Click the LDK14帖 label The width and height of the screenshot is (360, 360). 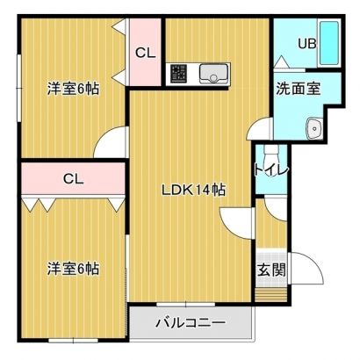point(194,191)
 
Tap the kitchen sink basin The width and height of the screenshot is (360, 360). point(213,73)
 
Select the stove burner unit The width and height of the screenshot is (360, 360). point(178,73)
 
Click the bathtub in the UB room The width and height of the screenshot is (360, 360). point(329,43)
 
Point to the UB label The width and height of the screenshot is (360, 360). point(307,44)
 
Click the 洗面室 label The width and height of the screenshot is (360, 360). point(299,89)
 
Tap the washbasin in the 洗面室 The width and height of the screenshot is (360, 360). point(314,128)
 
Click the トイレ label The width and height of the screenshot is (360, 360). point(271,169)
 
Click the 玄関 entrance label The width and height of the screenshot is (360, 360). point(271,270)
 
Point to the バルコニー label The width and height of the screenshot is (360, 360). point(191,323)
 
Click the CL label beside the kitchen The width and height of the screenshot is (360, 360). point(145,53)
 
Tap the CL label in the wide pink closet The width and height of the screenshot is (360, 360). point(74,178)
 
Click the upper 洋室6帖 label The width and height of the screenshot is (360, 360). point(73,89)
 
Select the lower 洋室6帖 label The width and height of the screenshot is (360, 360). point(73,269)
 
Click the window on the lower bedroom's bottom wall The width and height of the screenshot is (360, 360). point(73,341)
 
